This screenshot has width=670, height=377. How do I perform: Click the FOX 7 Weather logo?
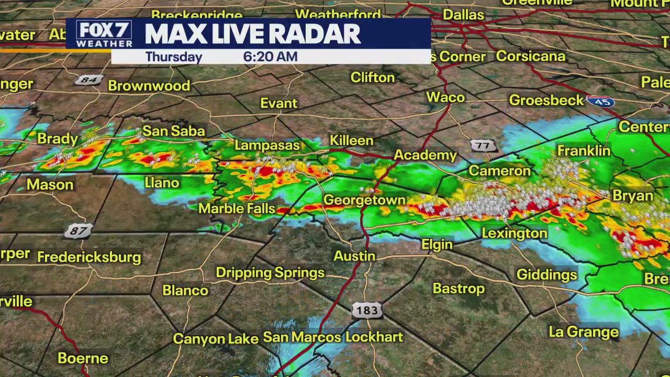[x=104, y=34]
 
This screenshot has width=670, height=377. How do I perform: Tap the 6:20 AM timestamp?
[x=270, y=57]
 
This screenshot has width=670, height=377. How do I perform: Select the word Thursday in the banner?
[x=174, y=57]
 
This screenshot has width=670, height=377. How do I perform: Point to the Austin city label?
[x=354, y=256]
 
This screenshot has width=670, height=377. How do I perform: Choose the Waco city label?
[x=445, y=97]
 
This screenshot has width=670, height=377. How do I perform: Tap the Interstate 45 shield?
[x=600, y=102]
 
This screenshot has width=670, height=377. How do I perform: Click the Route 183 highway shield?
[x=366, y=310]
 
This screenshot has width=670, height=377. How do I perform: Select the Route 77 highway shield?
[x=483, y=146]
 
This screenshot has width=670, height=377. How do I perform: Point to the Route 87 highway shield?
[x=79, y=230]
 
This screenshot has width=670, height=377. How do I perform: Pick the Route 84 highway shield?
[x=89, y=80]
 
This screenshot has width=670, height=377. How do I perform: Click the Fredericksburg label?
[x=89, y=257]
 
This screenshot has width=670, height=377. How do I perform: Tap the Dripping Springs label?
[x=270, y=273]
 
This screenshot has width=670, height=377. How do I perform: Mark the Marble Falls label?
[x=237, y=208]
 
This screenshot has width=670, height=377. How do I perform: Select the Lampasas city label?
[x=267, y=145]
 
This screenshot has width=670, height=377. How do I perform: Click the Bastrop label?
[x=459, y=289]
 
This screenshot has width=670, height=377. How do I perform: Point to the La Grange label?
[x=584, y=332]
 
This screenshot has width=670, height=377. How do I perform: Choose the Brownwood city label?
[x=149, y=86]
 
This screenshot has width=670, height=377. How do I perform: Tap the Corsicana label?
[x=531, y=56]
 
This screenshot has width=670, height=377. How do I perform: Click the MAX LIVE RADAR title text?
[x=253, y=35]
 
